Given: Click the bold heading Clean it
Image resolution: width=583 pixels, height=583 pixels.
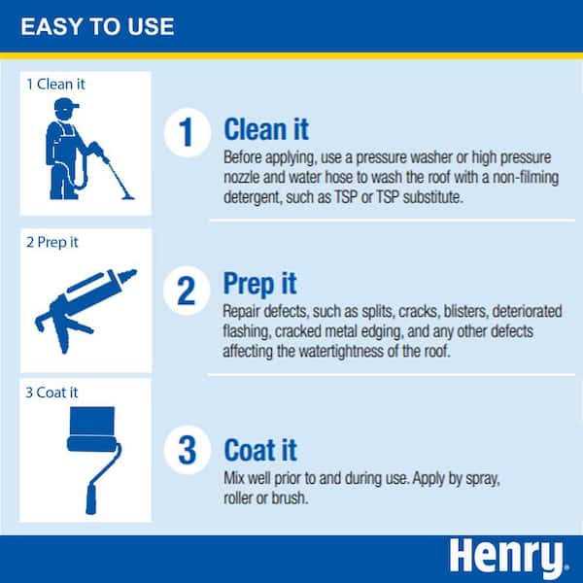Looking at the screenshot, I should click(267, 128).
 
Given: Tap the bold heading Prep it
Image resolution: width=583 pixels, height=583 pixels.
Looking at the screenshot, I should click(260, 284).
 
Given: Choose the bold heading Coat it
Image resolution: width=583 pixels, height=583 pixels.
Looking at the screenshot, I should click(260, 450).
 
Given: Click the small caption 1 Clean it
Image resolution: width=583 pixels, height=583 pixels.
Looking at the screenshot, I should click(55, 84).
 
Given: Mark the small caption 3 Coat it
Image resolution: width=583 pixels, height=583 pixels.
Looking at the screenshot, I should click(53, 392).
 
